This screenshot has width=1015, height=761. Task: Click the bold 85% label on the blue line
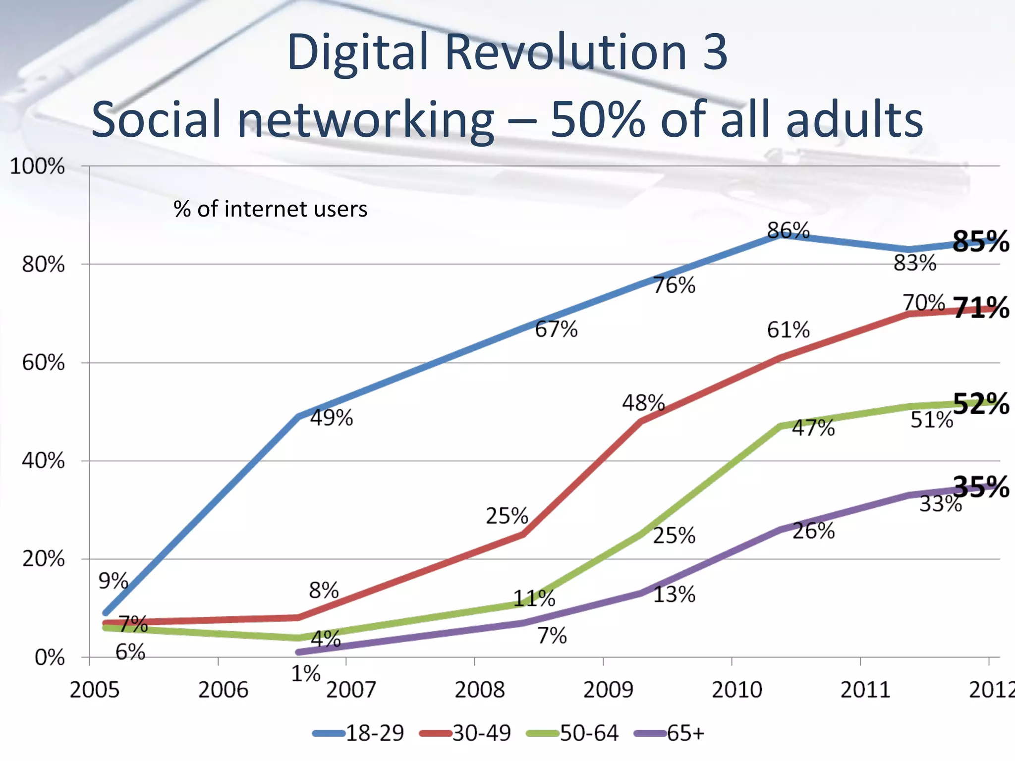pos(980,242)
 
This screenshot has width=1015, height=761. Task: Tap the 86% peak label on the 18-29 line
pos(788,231)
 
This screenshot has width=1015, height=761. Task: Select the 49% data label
pos(331,418)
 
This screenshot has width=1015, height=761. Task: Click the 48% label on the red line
pos(643,403)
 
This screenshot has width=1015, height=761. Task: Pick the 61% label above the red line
pos(788,330)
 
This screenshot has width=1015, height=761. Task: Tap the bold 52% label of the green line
pos(981,404)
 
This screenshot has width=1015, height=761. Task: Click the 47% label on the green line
pos(813,428)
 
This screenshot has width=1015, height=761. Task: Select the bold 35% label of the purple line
pos(981,487)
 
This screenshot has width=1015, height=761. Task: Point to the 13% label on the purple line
pos(674,595)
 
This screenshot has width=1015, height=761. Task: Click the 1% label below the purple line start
pos(305,674)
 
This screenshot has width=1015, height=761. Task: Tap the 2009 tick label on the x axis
pos(608,690)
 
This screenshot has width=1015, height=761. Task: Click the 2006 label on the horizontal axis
pos(223,690)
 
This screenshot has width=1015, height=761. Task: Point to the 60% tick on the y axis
pos(44,363)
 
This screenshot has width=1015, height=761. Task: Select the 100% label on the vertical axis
pos(37,166)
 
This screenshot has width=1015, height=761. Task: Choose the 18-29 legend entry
pos(374,733)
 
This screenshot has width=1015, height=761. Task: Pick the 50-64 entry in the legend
pos(588,733)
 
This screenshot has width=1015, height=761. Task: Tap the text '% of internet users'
pos(271,209)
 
